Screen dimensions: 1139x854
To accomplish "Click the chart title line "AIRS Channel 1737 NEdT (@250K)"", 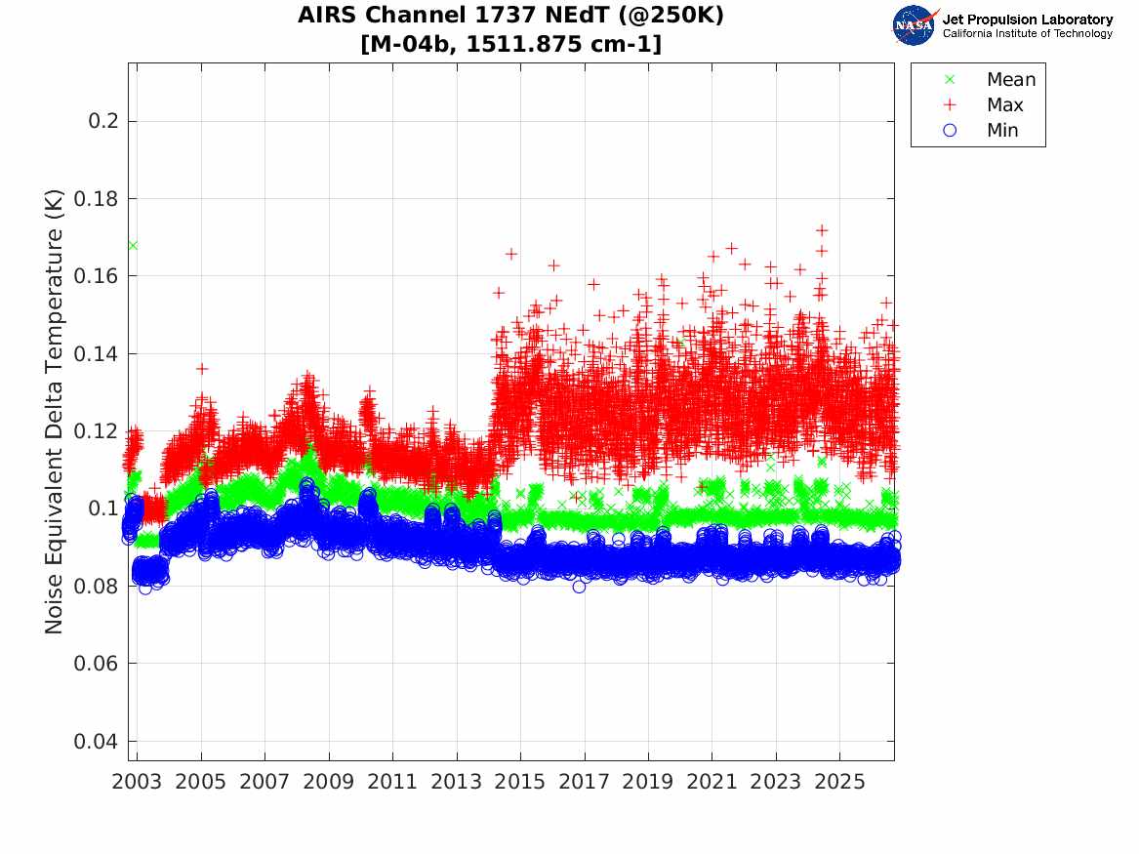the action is [510, 16].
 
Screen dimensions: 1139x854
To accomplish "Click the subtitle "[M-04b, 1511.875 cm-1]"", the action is [510, 44].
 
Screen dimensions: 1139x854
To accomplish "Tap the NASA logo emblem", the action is [915, 26].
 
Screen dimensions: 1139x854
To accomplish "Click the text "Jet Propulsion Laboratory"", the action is [1028, 20].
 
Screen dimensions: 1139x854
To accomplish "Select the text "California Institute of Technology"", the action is [1028, 33].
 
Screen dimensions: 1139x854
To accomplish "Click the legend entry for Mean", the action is [991, 80].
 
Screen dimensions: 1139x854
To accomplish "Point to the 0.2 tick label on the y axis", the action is [103, 121].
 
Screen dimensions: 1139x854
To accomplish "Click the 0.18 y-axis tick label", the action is [96, 198].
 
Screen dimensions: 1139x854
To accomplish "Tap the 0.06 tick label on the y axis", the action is [96, 663].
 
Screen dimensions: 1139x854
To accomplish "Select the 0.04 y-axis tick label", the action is [96, 741].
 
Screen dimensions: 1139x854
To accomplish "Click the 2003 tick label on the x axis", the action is [137, 782].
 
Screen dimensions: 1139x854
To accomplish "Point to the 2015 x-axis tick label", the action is [520, 782].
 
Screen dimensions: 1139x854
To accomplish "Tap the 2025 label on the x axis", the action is [839, 782].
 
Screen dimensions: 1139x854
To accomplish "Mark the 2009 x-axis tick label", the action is [328, 782].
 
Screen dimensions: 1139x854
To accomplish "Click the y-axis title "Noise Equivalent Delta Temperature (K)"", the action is [54, 412].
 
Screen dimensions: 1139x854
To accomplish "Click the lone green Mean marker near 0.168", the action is [133, 245].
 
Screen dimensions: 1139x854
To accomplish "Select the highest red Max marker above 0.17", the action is [822, 230].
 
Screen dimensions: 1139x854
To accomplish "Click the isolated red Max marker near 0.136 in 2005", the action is [202, 369].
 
